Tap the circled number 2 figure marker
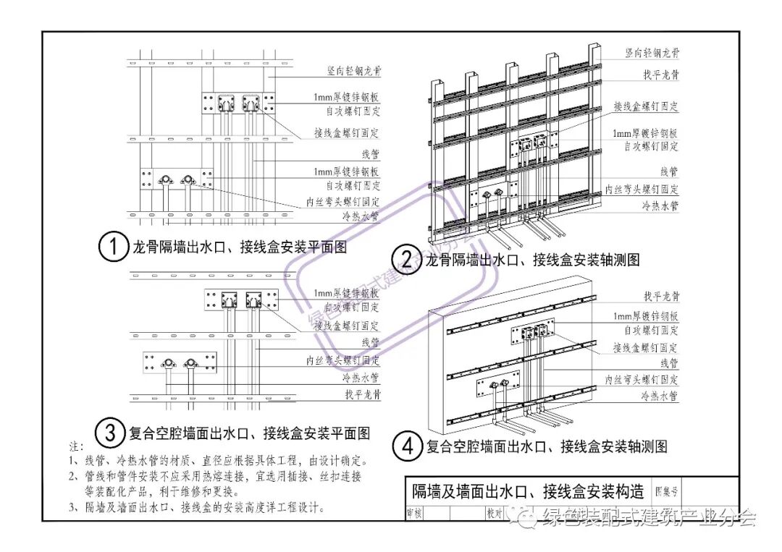coord(406,259)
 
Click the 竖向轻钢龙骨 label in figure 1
coord(353,71)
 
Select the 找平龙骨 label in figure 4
coord(660,297)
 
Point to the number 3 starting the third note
coord(72,507)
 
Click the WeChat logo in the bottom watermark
coord(524,517)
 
